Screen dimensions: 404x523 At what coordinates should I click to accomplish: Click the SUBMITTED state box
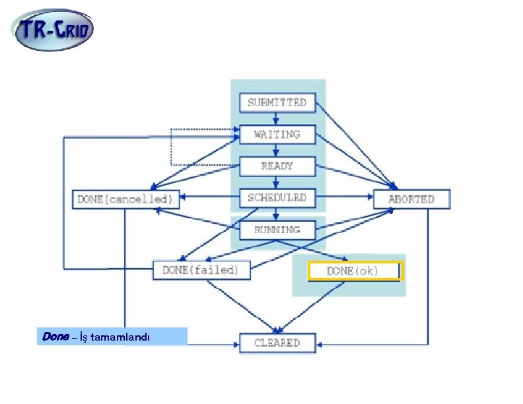coord(277,102)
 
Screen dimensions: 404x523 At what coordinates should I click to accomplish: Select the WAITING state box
coord(277,134)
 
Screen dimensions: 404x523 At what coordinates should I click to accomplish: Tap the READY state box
coord(277,166)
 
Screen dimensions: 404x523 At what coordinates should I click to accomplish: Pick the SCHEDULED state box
coord(277,197)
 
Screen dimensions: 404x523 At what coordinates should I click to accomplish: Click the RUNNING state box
coord(277,230)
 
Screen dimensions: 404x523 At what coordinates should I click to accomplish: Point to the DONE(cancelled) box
coord(125,198)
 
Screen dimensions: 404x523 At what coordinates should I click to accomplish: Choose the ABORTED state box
coord(411,199)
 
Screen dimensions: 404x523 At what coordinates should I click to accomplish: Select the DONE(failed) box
coord(201,270)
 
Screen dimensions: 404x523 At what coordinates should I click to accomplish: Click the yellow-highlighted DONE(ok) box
coord(353,271)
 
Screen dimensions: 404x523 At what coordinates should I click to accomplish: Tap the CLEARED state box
coord(277,343)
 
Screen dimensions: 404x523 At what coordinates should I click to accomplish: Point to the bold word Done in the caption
coord(55,337)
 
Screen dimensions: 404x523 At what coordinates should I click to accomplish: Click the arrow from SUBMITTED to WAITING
coord(277,118)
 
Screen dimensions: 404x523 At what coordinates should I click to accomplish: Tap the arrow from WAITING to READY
coord(277,150)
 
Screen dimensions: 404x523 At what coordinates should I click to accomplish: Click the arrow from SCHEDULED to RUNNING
coord(277,214)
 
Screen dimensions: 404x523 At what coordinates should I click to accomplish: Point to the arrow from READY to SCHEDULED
coord(277,182)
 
